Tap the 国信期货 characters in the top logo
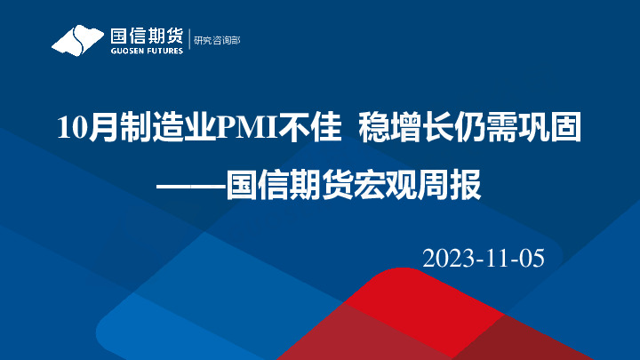click(146, 36)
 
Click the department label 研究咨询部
click(218, 40)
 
